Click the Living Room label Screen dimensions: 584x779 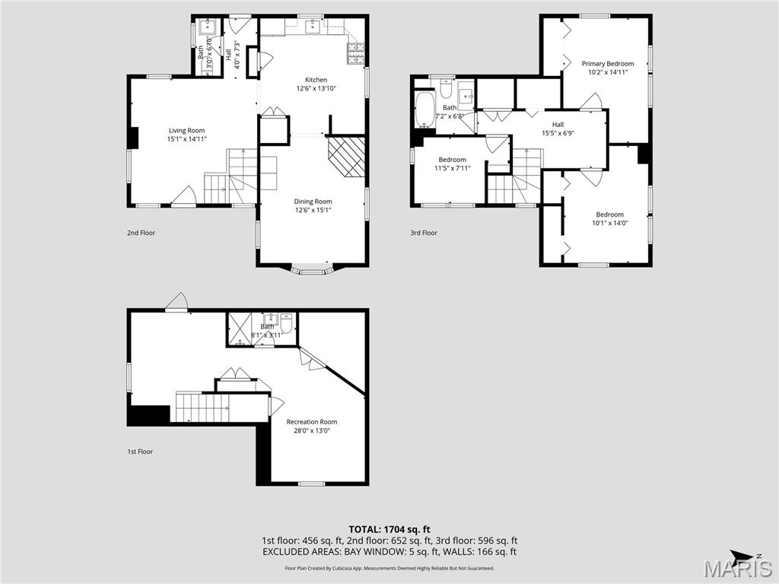[186, 131]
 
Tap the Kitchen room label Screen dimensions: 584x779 [316, 80]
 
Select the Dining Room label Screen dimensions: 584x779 [313, 202]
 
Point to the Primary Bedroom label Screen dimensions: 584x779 [608, 64]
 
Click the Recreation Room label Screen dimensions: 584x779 [311, 422]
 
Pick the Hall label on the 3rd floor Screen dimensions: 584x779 [558, 125]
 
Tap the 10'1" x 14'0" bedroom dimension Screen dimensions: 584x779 [609, 223]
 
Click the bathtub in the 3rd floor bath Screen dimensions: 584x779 [424, 110]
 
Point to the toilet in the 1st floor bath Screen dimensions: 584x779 [286, 320]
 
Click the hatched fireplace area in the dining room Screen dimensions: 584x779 [348, 156]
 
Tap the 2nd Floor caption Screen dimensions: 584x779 [141, 233]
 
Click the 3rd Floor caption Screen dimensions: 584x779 [424, 233]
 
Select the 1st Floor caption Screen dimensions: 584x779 [140, 452]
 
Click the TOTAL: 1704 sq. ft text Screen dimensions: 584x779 [389, 529]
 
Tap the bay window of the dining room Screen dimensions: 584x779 [312, 269]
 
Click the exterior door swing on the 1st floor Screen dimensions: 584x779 [177, 303]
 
